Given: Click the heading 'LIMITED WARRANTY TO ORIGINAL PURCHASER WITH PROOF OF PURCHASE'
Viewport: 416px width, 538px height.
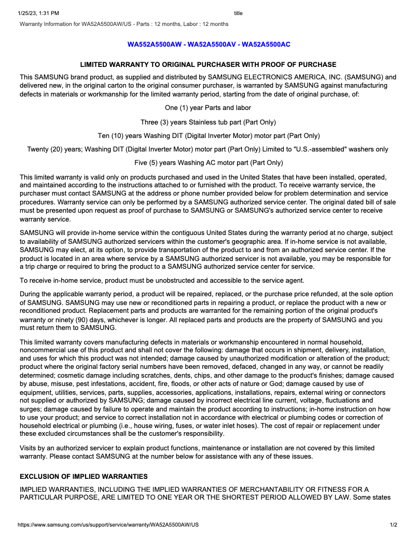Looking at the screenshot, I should tap(208, 65).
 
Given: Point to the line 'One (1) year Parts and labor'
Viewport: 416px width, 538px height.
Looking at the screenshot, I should tap(208, 108).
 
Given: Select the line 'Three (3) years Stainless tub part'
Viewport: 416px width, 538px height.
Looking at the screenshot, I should tap(208, 122).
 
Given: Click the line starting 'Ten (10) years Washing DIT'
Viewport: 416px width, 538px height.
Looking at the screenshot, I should tap(208, 136).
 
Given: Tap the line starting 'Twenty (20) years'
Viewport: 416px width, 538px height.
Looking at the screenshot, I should tap(208, 149).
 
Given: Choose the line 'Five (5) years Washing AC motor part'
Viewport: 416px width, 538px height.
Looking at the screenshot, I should tap(208, 163).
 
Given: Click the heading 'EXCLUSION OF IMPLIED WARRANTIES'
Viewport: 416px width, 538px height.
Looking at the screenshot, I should tap(84, 476).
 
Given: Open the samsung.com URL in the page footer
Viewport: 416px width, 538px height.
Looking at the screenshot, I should tap(108, 525).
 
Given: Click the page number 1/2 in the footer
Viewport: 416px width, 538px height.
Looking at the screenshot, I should tap(393, 525).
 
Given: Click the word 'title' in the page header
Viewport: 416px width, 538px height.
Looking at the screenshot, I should tap(238, 13).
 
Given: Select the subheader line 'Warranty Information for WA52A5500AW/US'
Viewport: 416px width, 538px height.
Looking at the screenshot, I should tap(124, 24).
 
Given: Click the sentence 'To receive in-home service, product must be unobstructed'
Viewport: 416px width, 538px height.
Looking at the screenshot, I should tap(162, 281).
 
